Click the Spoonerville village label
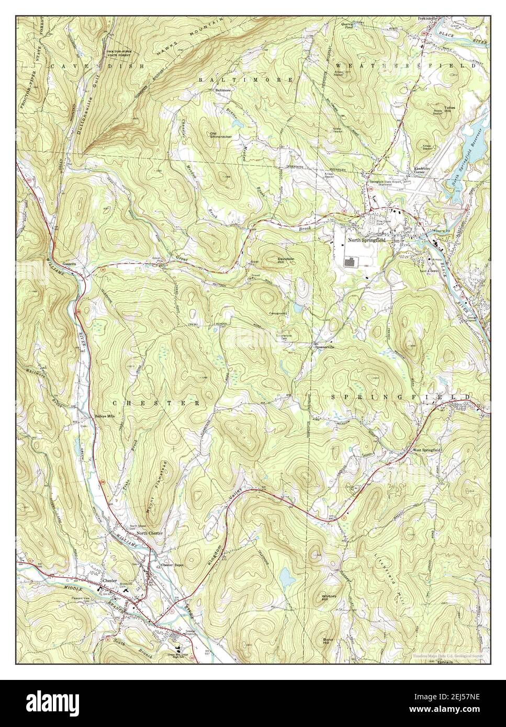(324, 347)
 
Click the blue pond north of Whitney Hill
(286, 577)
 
